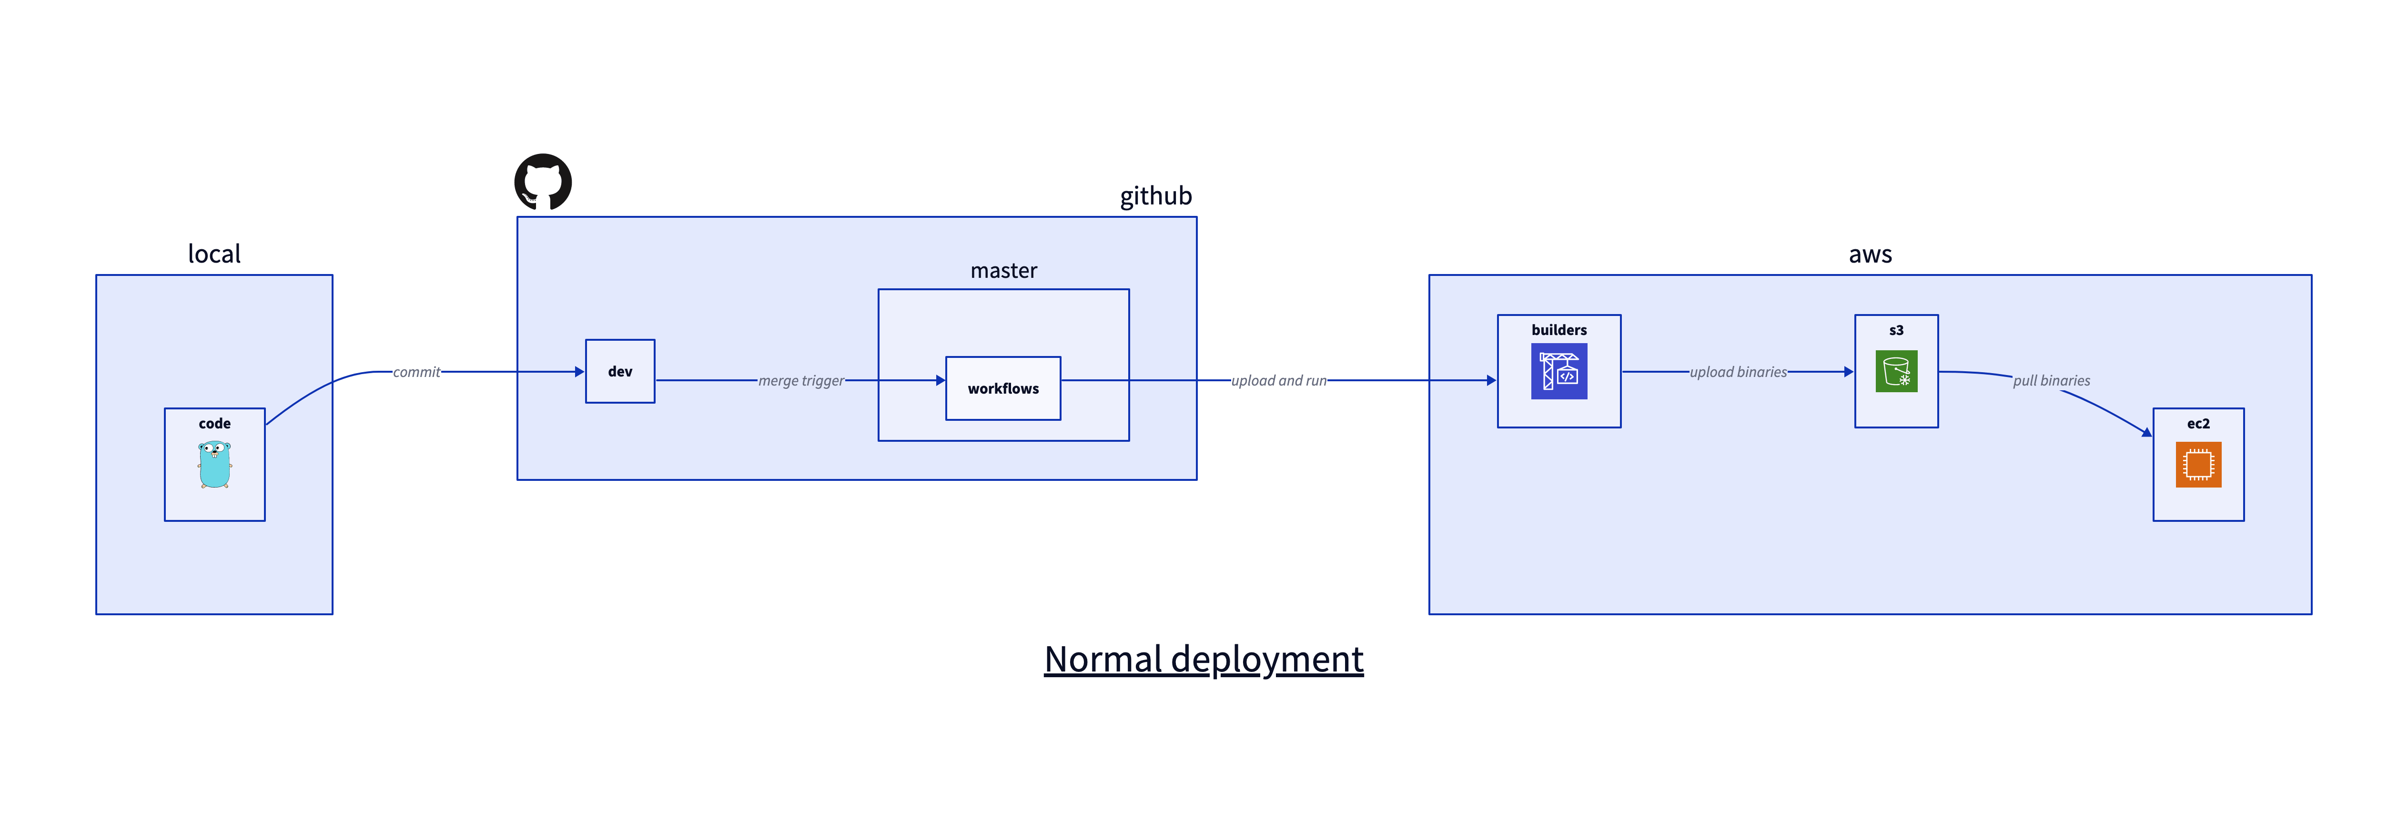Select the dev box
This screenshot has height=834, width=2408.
(620, 371)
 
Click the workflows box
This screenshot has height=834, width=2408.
(1003, 388)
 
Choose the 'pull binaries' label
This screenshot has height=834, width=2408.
(2051, 380)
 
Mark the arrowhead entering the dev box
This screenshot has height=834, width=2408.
(579, 372)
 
